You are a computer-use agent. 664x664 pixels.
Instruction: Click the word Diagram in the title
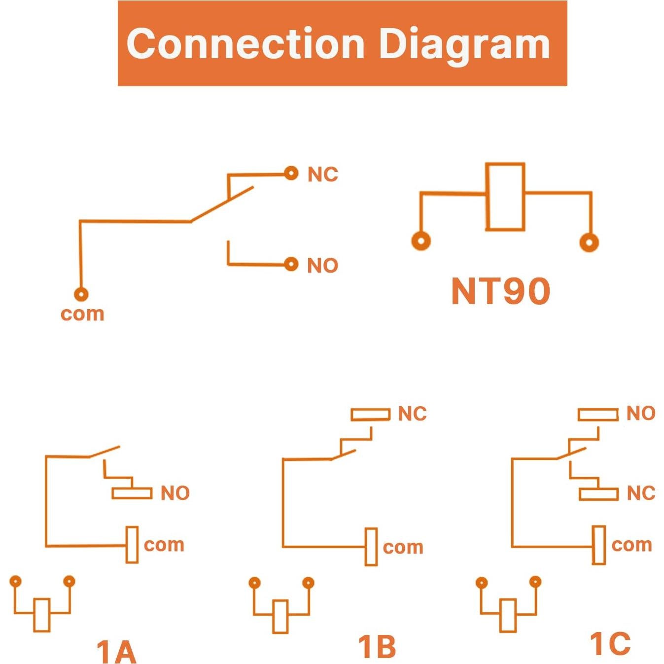click(464, 44)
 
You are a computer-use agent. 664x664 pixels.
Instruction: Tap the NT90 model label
click(500, 291)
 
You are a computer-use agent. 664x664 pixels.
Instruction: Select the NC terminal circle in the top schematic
click(291, 173)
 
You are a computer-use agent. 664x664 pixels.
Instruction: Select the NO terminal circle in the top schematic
click(291, 264)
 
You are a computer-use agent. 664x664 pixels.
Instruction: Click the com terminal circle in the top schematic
click(81, 294)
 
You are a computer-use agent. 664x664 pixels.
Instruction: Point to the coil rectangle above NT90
click(505, 197)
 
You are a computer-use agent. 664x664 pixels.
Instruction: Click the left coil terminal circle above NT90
click(420, 241)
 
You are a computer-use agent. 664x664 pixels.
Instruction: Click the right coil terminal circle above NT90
click(589, 242)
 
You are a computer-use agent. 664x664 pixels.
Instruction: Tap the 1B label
click(377, 647)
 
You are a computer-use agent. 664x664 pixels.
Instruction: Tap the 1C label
click(610, 644)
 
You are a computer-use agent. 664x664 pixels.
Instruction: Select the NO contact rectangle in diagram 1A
click(132, 493)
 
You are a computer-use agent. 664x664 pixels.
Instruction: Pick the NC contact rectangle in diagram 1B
click(370, 414)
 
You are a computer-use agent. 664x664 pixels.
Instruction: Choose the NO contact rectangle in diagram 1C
click(597, 414)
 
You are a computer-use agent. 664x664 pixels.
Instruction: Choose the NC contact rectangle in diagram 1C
click(598, 493)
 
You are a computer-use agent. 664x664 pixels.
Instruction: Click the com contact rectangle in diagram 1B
click(371, 547)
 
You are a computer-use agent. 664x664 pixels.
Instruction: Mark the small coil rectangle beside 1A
click(42, 615)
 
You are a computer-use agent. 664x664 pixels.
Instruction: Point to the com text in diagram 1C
click(631, 545)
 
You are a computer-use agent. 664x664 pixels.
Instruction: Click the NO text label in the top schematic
click(322, 266)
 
